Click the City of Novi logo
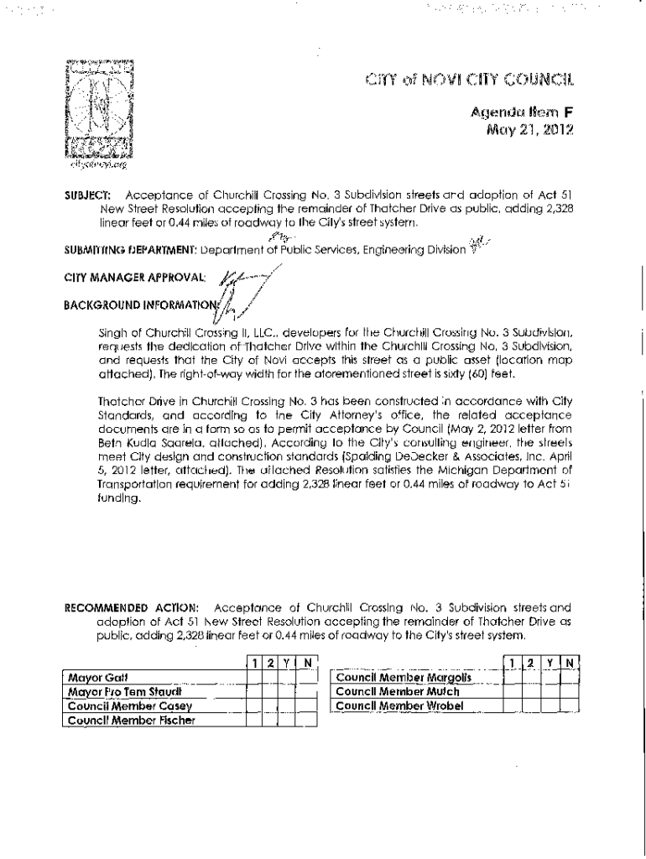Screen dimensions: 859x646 pyautogui.click(x=100, y=110)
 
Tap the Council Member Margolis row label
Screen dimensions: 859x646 pyautogui.click(x=403, y=677)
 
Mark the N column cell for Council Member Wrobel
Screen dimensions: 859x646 pyautogui.click(x=570, y=706)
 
